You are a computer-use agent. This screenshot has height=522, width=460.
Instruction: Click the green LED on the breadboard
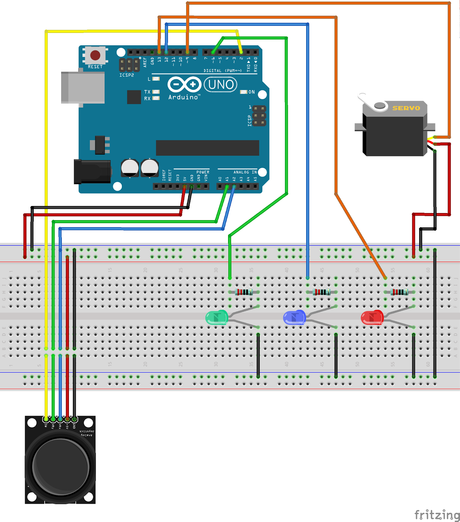coord(216,318)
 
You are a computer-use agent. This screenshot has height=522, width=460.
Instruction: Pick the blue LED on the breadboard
coord(294,317)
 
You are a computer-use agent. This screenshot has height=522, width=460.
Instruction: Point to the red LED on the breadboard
coord(371,317)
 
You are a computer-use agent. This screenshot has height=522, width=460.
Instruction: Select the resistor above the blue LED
coord(320,292)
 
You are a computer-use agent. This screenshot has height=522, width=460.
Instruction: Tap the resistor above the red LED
coord(399,292)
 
